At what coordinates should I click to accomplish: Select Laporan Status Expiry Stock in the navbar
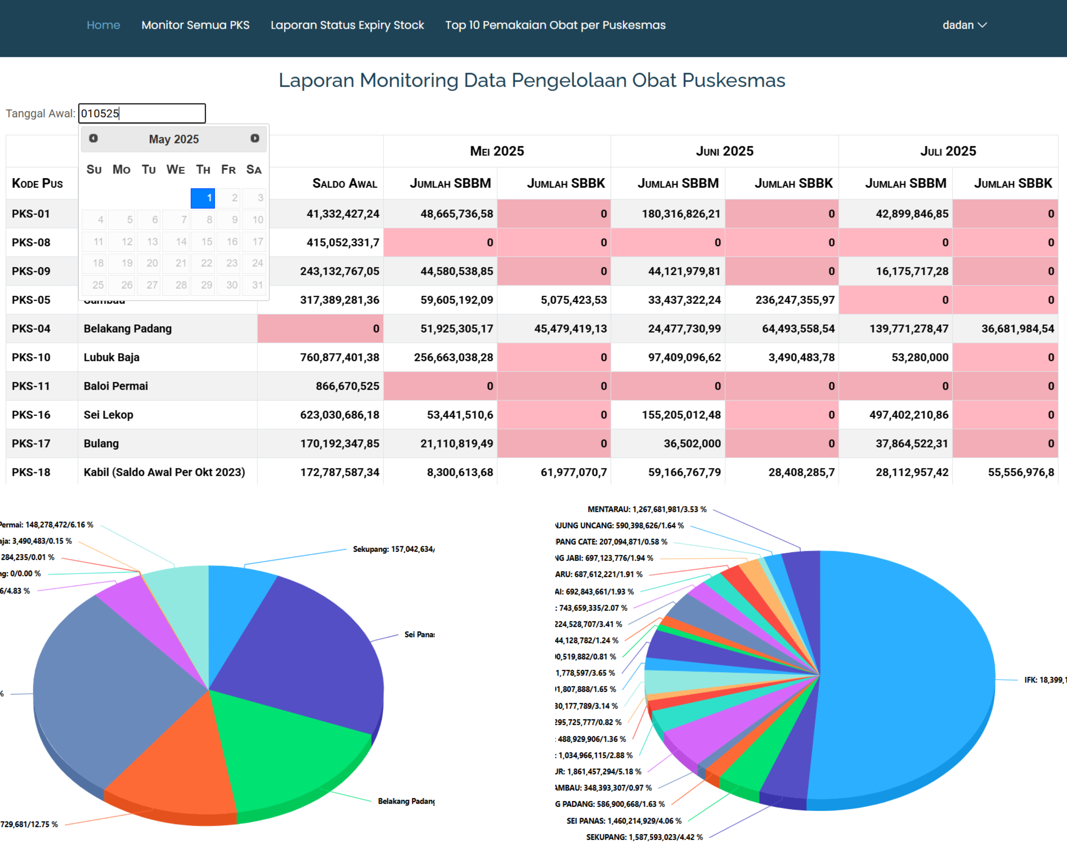(x=347, y=25)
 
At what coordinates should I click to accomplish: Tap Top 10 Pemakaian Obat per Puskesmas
(x=555, y=25)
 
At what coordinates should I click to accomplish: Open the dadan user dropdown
(x=964, y=25)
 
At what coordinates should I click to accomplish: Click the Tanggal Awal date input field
(x=142, y=113)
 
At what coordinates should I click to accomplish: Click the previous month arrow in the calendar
(x=93, y=138)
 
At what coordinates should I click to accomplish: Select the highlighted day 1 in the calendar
(x=203, y=198)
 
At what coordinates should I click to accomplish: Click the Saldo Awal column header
(x=344, y=184)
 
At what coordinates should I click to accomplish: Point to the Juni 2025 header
(x=724, y=151)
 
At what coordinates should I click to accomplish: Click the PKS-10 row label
(x=31, y=357)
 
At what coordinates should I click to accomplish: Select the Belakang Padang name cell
(x=128, y=329)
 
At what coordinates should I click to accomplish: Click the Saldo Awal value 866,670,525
(x=347, y=386)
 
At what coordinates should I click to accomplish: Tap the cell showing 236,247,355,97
(x=794, y=300)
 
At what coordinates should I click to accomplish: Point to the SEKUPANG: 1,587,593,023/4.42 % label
(x=644, y=837)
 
